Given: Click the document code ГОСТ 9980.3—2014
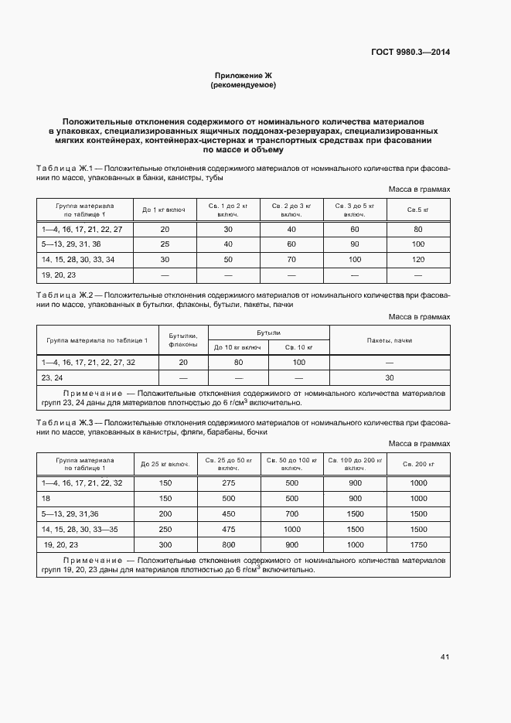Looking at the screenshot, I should point(411,53).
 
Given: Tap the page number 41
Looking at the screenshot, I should point(445,657).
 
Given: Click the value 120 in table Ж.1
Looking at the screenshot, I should point(418,259).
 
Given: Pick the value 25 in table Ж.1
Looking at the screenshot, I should point(165,244).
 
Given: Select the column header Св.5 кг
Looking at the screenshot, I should point(418,210).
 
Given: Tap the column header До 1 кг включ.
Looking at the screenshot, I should point(165,210).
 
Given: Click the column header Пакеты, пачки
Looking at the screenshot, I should point(389,339).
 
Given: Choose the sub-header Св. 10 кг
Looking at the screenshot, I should point(299,347).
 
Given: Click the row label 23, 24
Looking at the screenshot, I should point(52,377).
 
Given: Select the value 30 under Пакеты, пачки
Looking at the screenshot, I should point(389,377).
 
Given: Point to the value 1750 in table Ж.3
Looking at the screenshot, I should point(418,545).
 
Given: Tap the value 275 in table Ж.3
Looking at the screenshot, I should point(228,483).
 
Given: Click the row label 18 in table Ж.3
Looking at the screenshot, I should point(46,499).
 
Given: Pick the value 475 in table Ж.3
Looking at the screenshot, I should point(228,530).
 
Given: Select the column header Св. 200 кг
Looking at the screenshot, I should point(418,464).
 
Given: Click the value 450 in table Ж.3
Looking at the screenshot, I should point(228,514).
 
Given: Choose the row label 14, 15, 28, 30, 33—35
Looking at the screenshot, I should point(80,530).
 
